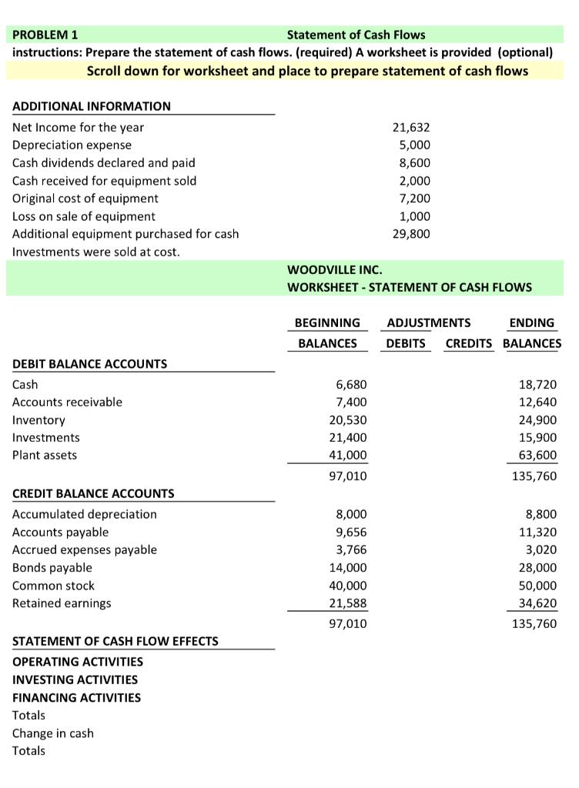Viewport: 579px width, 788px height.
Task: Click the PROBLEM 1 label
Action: click(x=45, y=35)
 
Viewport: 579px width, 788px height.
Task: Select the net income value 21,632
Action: click(x=411, y=127)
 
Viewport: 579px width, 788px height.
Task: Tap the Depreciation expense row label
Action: click(x=72, y=145)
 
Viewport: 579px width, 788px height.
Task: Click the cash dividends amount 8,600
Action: click(x=414, y=162)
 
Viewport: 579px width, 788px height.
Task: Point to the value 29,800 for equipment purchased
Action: click(x=411, y=233)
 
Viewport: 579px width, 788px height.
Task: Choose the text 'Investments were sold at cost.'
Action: click(x=96, y=252)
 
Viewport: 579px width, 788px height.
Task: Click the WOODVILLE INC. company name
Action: click(x=334, y=269)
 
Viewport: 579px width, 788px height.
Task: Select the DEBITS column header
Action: click(x=406, y=343)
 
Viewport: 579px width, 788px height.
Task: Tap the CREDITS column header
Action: click(x=469, y=343)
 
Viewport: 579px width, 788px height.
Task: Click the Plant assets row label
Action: click(x=45, y=455)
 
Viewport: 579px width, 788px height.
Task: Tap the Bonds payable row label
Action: click(x=52, y=568)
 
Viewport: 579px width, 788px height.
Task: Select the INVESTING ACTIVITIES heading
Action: click(x=75, y=679)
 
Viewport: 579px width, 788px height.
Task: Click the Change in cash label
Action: click(x=52, y=733)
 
